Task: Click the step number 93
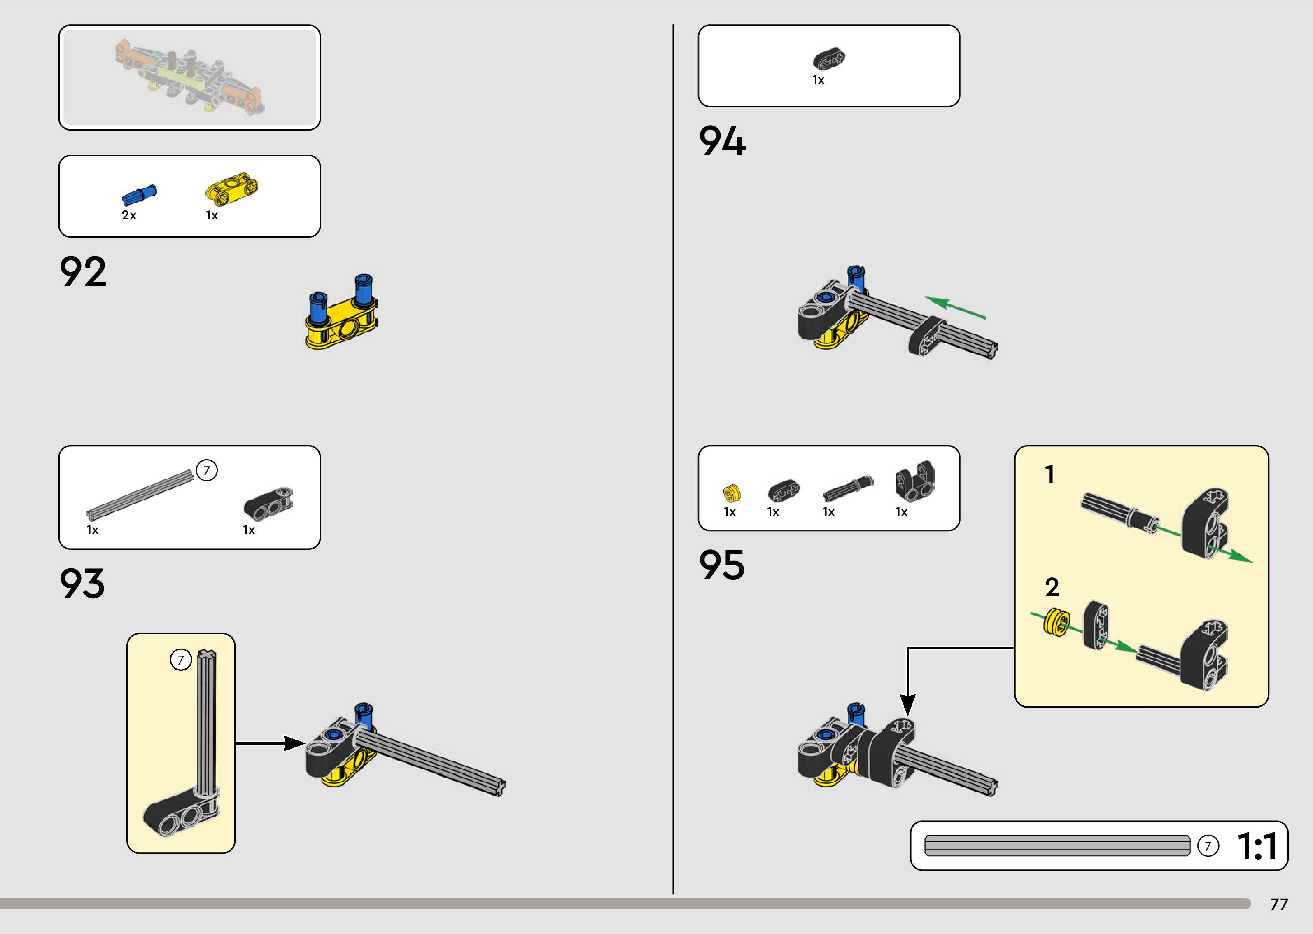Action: [x=82, y=584]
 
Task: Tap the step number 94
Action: [x=722, y=142]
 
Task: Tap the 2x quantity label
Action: [x=129, y=215]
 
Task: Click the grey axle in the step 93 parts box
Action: [x=140, y=493]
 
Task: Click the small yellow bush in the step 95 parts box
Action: [x=732, y=492]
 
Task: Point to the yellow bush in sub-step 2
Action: [x=1055, y=622]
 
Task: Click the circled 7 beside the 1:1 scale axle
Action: [x=1208, y=846]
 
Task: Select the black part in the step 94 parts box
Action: [x=829, y=58]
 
